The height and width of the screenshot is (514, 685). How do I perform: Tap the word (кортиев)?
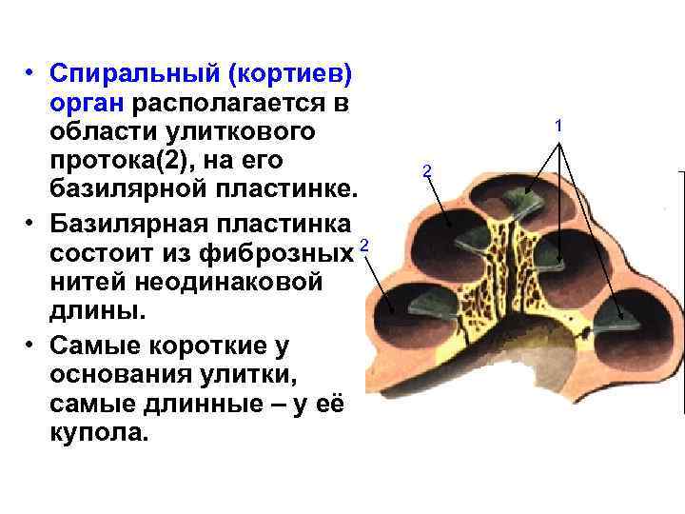[x=294, y=73]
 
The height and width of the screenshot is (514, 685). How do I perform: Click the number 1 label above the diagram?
[x=559, y=126]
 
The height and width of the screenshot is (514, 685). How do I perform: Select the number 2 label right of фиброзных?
[x=364, y=247]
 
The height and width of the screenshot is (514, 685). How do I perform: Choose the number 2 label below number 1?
[x=427, y=170]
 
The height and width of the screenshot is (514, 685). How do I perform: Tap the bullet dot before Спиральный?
[x=30, y=73]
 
